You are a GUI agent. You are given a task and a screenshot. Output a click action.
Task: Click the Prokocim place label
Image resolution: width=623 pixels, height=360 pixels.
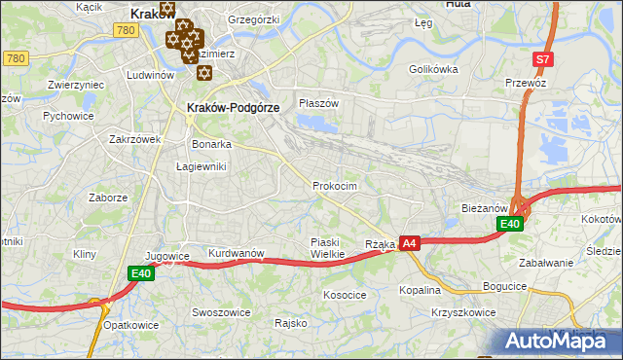click(335, 186)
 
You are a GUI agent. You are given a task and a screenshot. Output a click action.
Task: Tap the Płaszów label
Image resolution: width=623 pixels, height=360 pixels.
click(318, 103)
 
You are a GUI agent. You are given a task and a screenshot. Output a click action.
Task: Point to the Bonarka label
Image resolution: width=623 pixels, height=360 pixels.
click(211, 144)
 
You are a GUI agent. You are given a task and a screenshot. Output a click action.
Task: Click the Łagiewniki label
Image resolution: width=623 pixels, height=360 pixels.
click(201, 166)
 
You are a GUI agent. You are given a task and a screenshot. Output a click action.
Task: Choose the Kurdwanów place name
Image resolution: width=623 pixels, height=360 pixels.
click(236, 254)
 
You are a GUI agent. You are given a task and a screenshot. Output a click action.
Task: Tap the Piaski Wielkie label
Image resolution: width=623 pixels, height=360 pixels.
click(328, 248)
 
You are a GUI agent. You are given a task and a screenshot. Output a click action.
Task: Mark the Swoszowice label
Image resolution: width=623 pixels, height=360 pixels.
click(221, 313)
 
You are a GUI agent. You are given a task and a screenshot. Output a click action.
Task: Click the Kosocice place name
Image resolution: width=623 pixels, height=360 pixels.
click(345, 294)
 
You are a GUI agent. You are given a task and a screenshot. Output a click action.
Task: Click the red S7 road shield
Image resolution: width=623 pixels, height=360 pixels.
click(543, 59)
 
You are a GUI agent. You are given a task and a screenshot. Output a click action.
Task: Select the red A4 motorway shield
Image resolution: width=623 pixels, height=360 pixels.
click(410, 244)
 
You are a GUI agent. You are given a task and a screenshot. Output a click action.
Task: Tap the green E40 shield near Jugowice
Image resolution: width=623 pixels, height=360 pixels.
click(142, 274)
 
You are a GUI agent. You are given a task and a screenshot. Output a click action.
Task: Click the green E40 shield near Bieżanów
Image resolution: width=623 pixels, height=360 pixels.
click(511, 225)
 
